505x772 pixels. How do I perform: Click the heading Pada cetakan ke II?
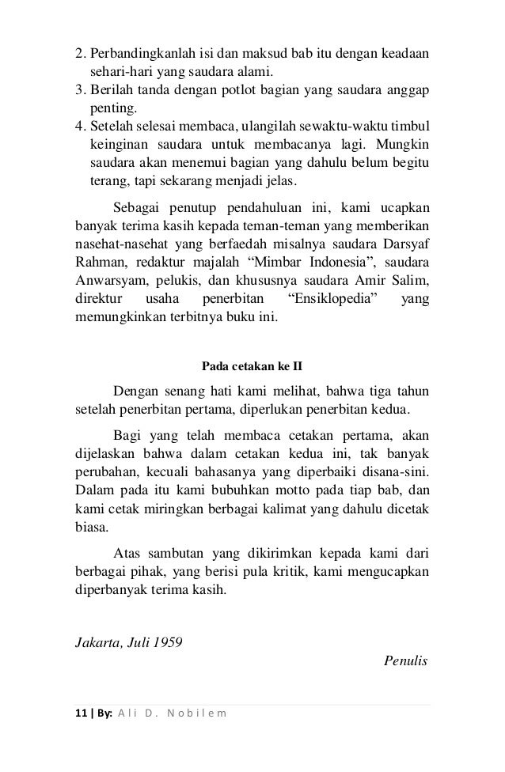click(x=252, y=366)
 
